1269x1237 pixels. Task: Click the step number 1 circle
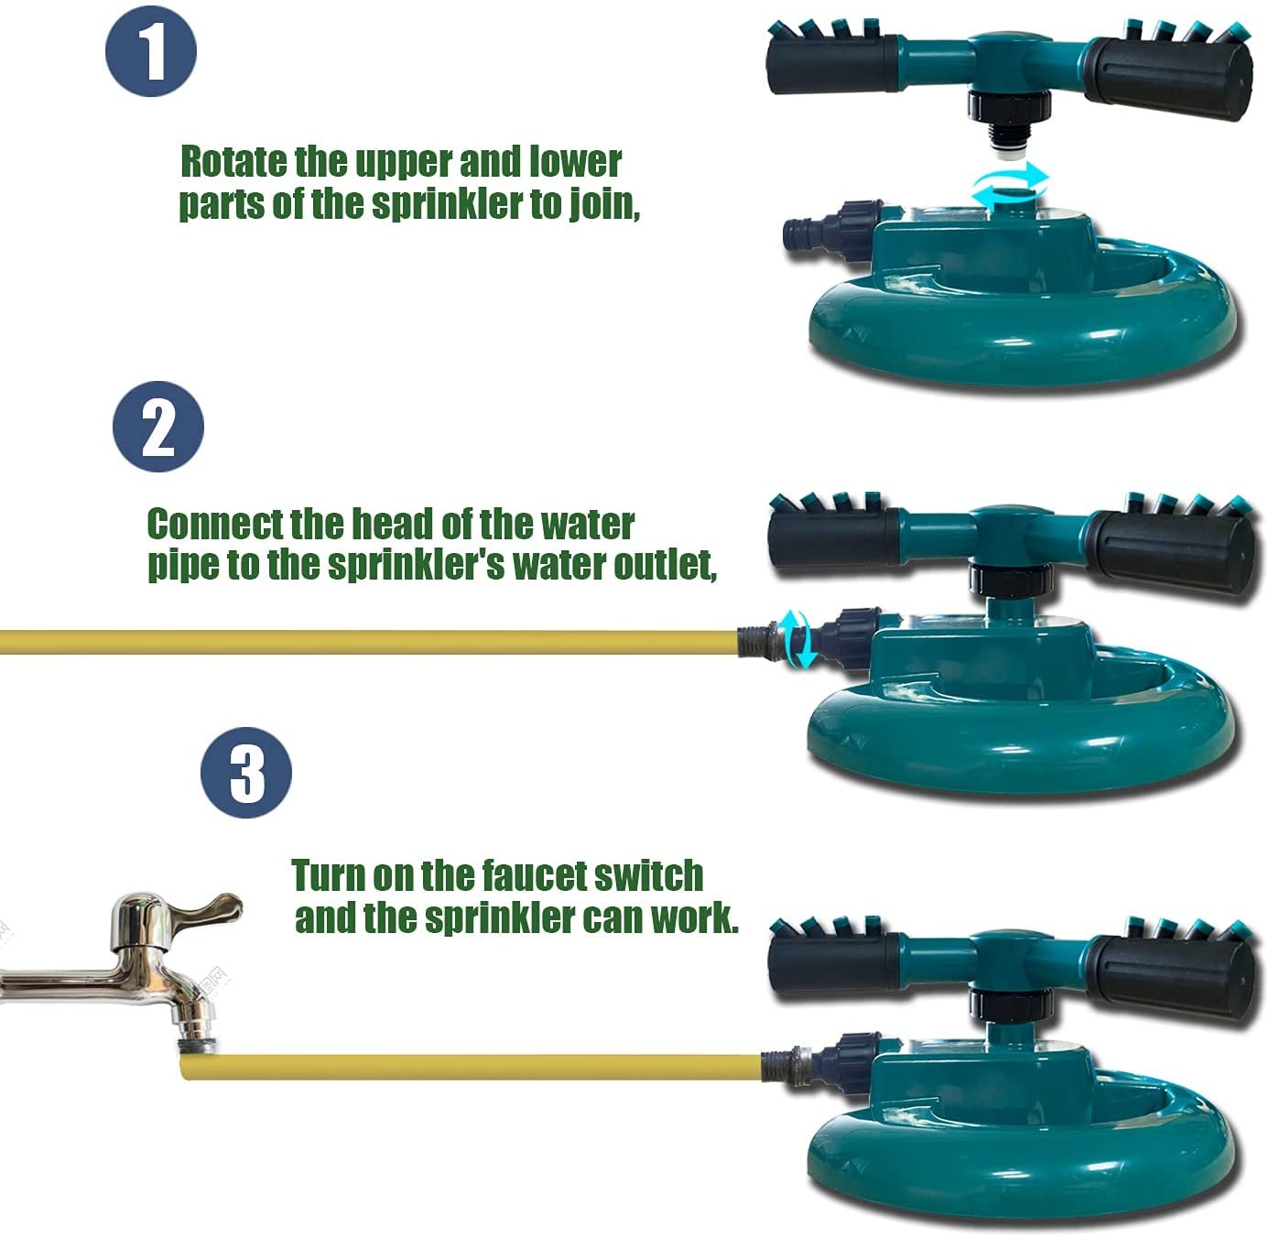coord(151,51)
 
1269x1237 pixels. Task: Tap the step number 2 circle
coord(158,427)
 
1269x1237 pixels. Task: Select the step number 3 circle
coord(246,774)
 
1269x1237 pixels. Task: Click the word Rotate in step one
coord(233,162)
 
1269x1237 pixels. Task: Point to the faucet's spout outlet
coord(199,1046)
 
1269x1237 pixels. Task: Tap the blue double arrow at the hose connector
coord(797,638)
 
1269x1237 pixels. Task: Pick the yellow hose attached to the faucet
coord(471,1067)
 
